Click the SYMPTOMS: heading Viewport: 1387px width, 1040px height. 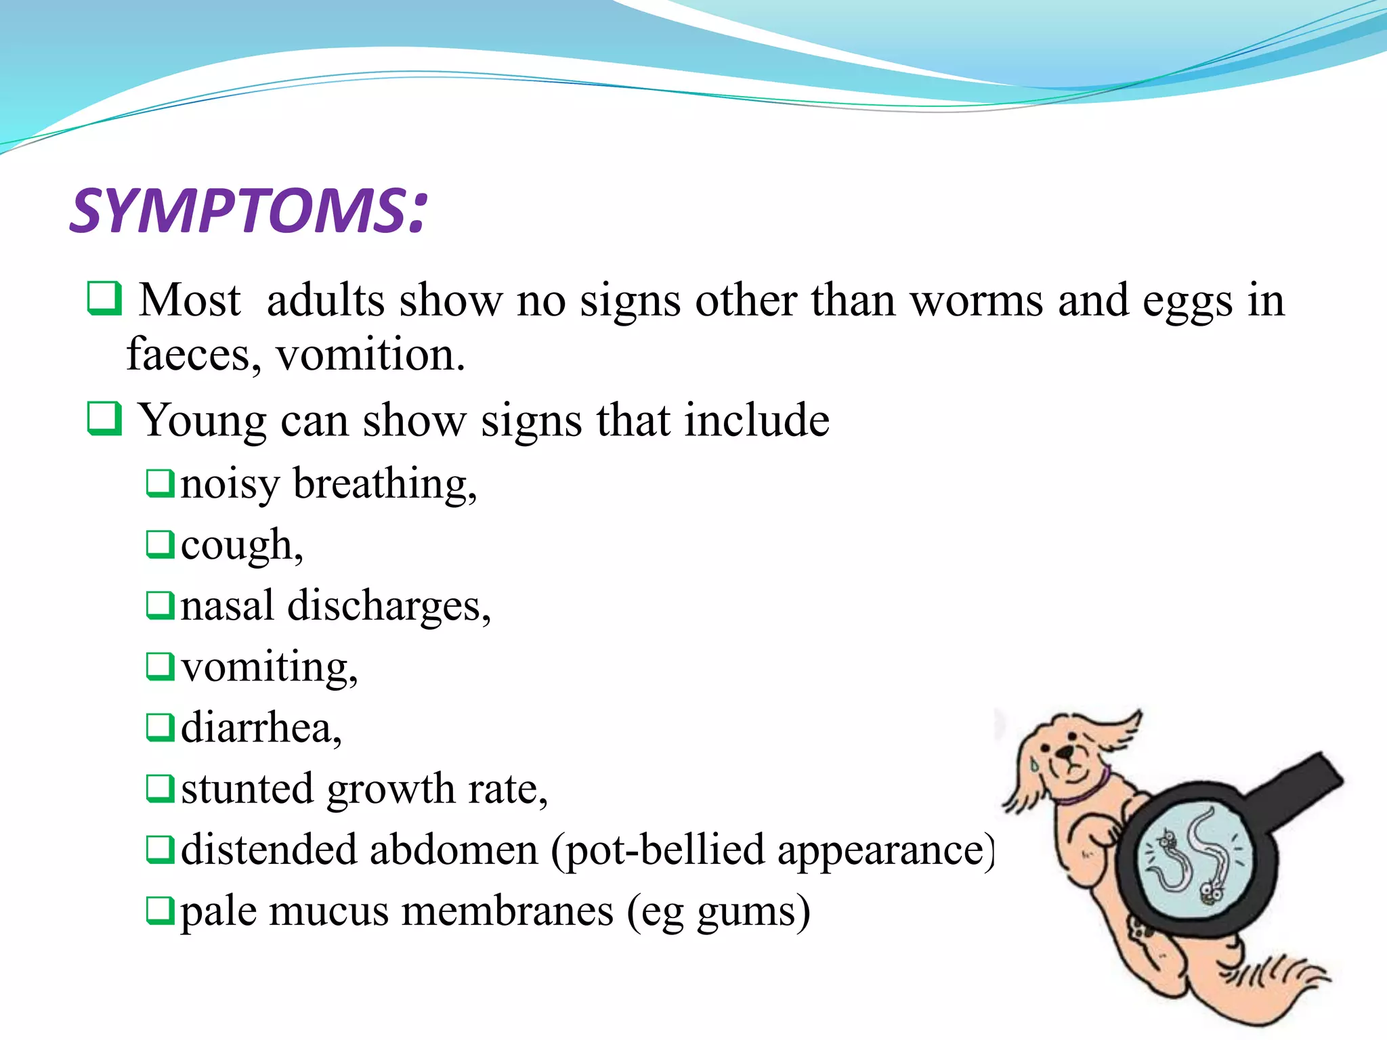point(249,211)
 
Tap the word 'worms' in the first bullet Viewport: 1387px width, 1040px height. point(976,300)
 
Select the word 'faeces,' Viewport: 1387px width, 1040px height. point(194,355)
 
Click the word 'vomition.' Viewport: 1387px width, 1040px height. point(370,355)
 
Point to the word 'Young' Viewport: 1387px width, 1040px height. point(202,421)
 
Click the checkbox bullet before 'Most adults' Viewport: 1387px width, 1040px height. point(104,299)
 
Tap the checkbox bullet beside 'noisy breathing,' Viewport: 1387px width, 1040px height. point(161,483)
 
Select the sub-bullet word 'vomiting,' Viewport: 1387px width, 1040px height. point(269,668)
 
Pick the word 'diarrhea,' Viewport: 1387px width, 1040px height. point(261,729)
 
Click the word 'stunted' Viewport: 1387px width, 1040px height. point(247,789)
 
